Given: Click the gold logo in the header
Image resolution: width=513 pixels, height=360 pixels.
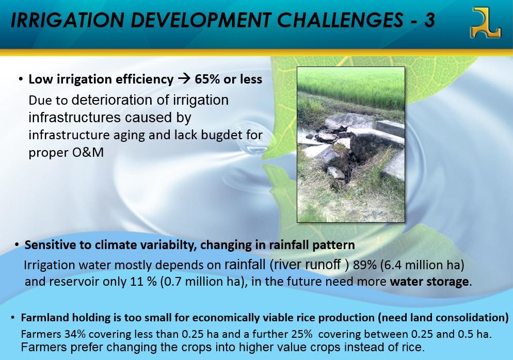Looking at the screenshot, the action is point(485,23).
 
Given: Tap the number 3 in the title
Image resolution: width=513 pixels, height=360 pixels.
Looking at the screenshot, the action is point(429,20).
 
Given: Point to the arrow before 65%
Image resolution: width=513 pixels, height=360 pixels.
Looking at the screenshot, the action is point(184,79).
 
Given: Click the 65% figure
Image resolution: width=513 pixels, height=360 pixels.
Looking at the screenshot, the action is point(207,79).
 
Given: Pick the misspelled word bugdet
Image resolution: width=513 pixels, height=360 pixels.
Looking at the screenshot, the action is point(223,135).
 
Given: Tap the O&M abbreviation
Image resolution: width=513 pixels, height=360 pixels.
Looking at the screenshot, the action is point(88,152).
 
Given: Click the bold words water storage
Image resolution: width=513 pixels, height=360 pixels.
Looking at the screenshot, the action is point(429,282).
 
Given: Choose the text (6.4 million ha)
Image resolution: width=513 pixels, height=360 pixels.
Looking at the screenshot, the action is point(422,265).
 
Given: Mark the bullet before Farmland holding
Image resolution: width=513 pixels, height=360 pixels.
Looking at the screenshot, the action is point(12,318).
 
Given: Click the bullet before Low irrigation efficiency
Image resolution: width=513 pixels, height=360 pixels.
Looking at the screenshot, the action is point(21,79).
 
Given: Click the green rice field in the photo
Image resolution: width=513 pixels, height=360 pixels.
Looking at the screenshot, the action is point(351,86).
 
